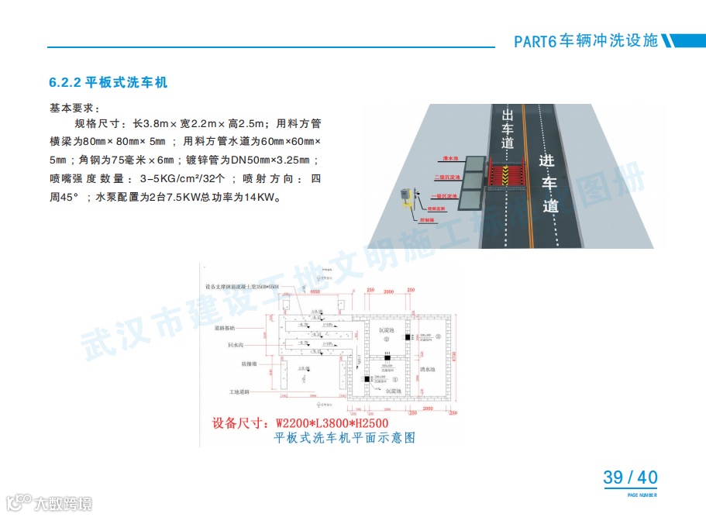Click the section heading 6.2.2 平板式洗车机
pyautogui.click(x=108, y=82)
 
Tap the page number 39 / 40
pyautogui.click(x=630, y=477)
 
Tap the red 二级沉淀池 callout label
pyautogui.click(x=447, y=177)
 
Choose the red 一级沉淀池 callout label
pyautogui.click(x=446, y=195)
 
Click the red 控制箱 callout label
pyautogui.click(x=427, y=220)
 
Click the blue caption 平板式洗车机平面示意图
pyautogui.click(x=345, y=438)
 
